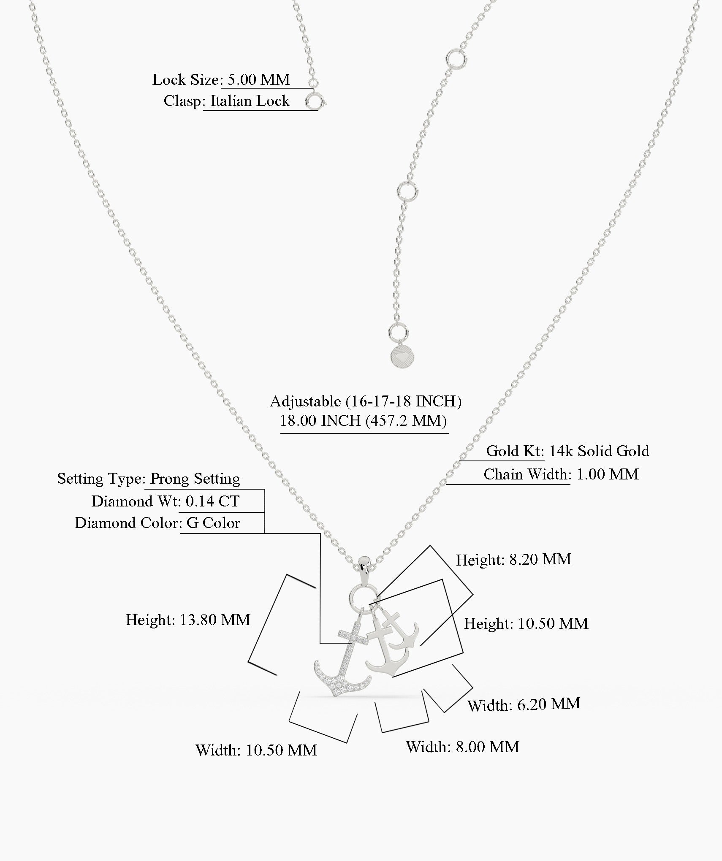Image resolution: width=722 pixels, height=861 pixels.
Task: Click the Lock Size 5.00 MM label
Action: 221,80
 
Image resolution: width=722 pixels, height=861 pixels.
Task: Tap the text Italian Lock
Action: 250,101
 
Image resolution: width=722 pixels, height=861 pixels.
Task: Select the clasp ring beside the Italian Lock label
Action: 314,102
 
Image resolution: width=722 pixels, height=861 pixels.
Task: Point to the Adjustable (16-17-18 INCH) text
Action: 366,401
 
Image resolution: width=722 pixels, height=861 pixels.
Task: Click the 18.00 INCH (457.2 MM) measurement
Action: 364,421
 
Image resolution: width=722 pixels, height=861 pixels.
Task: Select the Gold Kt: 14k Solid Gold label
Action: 567,451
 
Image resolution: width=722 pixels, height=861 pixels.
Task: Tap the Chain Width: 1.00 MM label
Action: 561,474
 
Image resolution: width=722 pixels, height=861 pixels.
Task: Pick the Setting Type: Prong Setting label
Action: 149,479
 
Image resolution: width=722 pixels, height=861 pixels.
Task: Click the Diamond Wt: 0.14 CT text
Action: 166,501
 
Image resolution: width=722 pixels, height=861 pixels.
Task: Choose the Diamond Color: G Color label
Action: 157,523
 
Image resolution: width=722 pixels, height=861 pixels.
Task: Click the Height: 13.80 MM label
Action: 188,620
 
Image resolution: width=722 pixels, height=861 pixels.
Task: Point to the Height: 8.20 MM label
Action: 513,560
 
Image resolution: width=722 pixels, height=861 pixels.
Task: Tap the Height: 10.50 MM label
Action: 526,624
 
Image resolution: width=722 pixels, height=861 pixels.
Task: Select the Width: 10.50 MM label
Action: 256,750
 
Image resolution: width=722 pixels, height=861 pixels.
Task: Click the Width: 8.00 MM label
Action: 462,747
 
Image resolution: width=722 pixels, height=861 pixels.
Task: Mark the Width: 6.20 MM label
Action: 524,705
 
